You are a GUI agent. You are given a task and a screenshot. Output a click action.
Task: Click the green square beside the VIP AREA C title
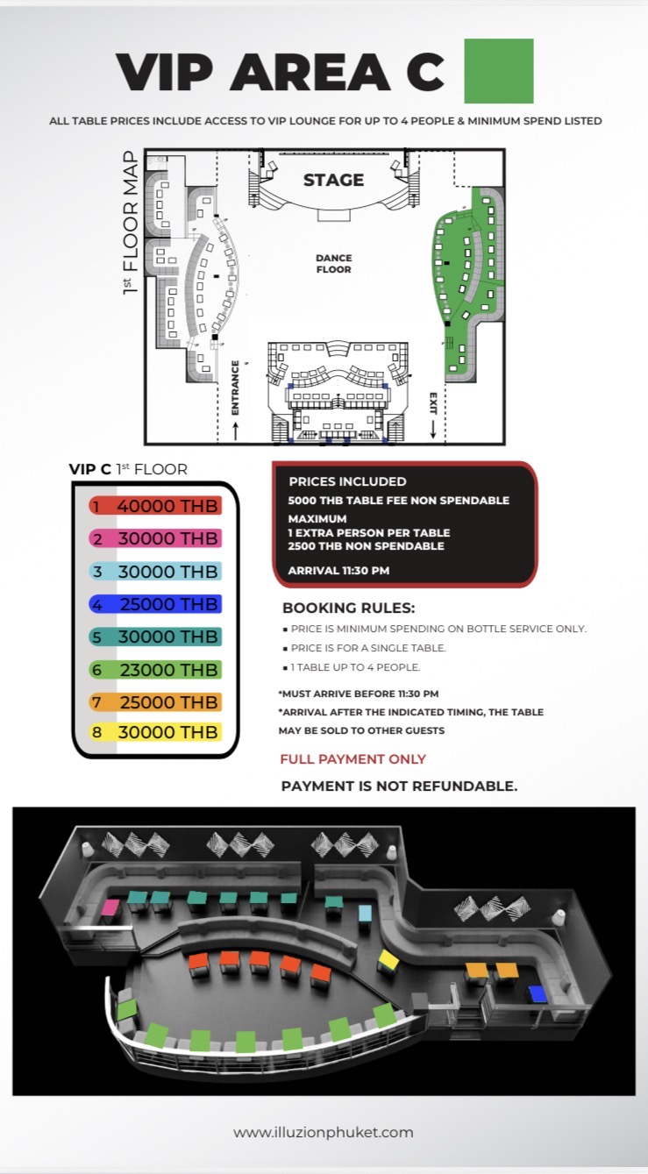click(x=498, y=71)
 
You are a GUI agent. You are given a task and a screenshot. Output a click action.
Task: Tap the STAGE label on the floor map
click(x=333, y=180)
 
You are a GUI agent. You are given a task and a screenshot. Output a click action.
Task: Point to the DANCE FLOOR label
click(x=333, y=263)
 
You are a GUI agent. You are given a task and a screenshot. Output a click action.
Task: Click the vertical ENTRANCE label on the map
click(x=235, y=387)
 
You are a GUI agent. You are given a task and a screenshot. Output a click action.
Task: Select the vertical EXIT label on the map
click(x=432, y=402)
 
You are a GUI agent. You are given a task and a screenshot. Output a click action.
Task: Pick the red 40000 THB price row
click(x=154, y=506)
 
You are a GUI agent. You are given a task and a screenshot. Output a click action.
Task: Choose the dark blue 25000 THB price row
click(x=154, y=604)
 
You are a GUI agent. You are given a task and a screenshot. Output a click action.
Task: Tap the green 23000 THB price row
click(x=154, y=669)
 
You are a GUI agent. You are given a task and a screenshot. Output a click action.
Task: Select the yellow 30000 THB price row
click(x=154, y=731)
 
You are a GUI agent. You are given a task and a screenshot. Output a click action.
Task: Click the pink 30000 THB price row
click(x=154, y=538)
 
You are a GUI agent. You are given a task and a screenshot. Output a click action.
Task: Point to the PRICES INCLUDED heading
click(x=347, y=481)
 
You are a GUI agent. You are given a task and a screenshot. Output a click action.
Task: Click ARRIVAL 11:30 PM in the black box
click(x=338, y=571)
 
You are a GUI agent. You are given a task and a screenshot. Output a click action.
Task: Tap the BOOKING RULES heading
click(x=348, y=608)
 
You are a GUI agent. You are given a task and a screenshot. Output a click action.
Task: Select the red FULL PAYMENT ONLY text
click(x=353, y=759)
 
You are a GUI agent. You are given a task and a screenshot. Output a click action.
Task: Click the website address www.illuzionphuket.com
click(x=324, y=1132)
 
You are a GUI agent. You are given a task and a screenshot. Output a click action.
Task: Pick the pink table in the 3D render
click(x=111, y=907)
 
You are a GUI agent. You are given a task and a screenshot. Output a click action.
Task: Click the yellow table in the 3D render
click(x=388, y=960)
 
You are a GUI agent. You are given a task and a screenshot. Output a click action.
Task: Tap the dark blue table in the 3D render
click(x=537, y=993)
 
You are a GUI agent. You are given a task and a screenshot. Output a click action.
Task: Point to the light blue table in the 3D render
click(x=366, y=913)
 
